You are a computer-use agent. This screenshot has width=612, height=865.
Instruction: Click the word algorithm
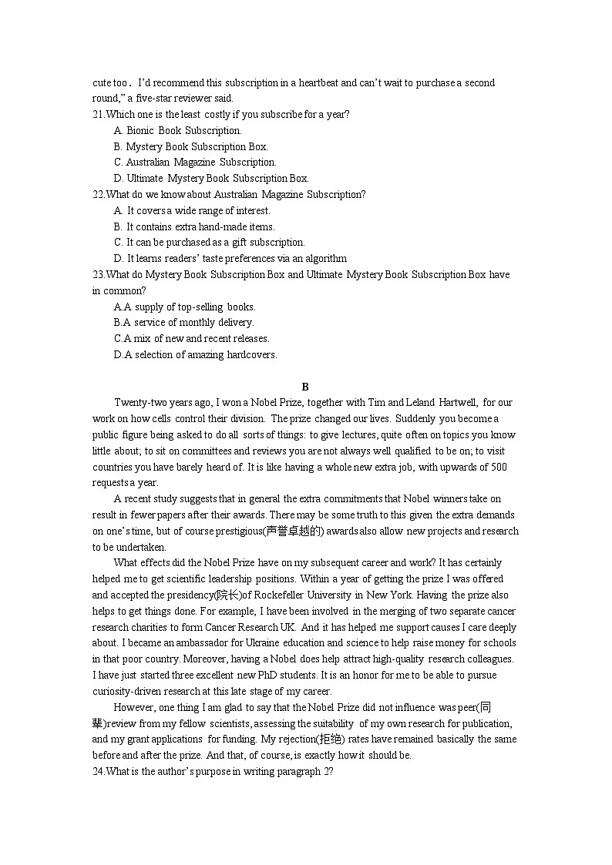pos(324,258)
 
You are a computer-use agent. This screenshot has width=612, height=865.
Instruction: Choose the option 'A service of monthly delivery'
pos(193,323)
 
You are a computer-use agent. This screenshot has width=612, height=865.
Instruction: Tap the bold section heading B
pos(305,387)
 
